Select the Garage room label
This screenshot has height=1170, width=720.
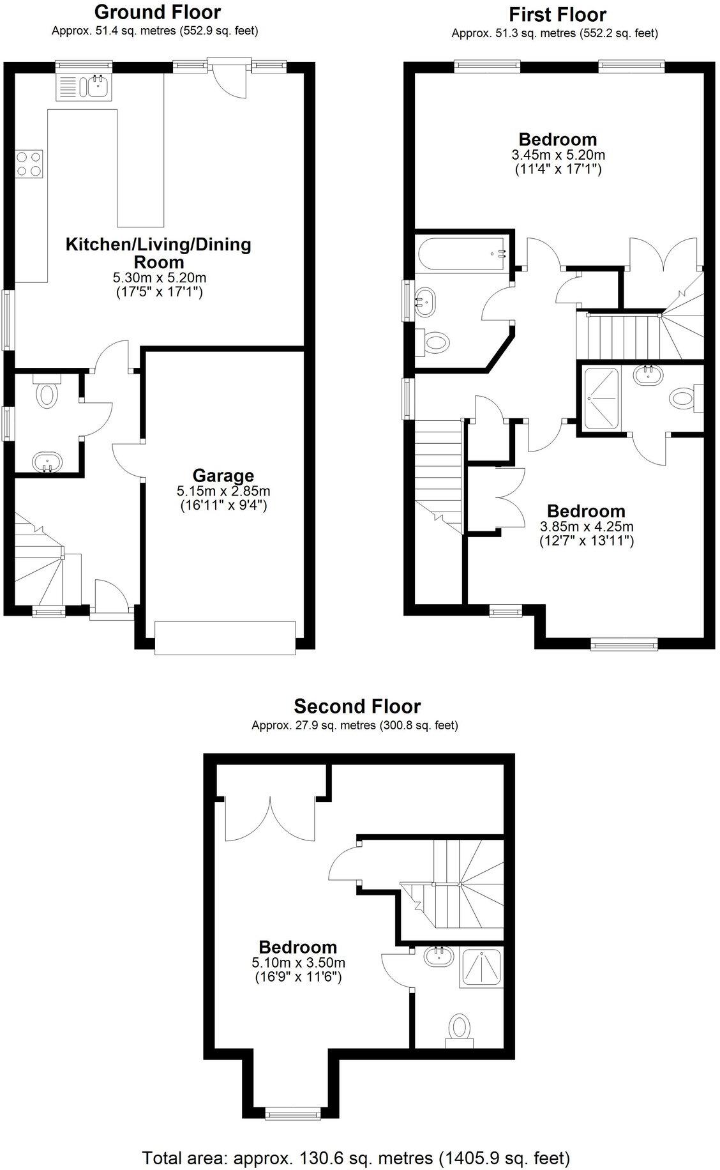coord(223,475)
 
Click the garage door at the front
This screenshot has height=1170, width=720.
coord(225,637)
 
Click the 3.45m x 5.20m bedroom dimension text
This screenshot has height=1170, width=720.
coord(558,155)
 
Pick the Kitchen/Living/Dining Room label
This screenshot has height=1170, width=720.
coord(158,253)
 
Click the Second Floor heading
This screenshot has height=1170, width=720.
coord(357,706)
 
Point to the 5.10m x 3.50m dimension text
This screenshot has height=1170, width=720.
coord(298,963)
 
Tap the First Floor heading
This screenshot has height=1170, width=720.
coord(557,14)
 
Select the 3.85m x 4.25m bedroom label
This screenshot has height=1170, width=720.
coord(586,527)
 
